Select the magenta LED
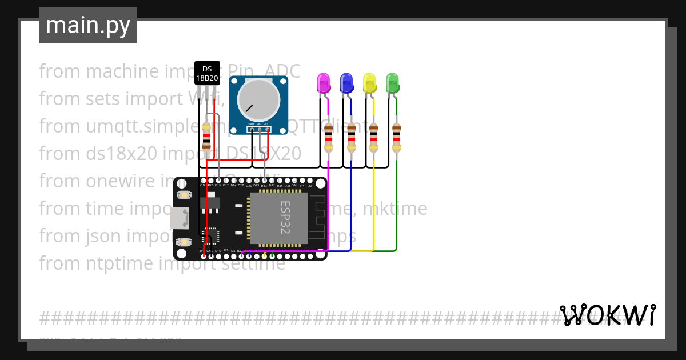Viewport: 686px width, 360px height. pos(324,83)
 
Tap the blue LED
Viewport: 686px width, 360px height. pos(346,83)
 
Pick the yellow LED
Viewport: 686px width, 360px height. pos(369,83)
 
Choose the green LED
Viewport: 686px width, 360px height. pos(392,83)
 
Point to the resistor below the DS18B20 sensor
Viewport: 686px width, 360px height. pos(206,138)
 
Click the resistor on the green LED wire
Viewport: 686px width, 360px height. pos(396,137)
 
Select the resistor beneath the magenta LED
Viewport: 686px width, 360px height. pos(328,137)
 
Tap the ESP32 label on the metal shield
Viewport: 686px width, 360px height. pos(285,217)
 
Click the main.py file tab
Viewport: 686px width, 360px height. pos(88,25)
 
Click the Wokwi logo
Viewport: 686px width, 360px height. pos(608,315)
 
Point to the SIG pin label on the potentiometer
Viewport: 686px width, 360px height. pos(259,124)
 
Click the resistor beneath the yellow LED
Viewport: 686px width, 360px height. pos(374,137)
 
